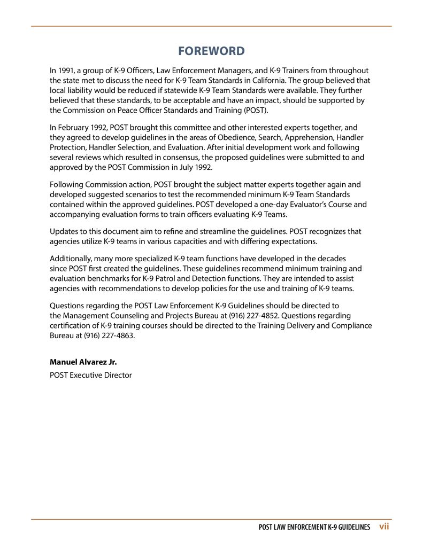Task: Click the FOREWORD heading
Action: click(x=211, y=51)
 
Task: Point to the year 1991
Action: click(x=66, y=71)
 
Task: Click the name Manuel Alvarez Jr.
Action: click(x=83, y=362)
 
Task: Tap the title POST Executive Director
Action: click(x=90, y=375)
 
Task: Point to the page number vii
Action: click(x=383, y=527)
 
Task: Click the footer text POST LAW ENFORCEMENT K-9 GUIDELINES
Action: click(x=314, y=527)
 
